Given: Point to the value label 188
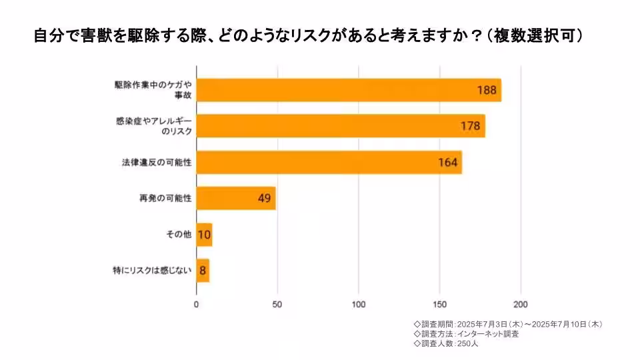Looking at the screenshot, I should tap(487, 90).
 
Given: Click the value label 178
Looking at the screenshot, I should tap(471, 126).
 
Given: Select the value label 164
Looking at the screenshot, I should tap(448, 162).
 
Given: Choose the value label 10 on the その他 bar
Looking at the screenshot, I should tap(204, 235).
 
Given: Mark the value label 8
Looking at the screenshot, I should tap(203, 271).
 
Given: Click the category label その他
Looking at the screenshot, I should tap(178, 235).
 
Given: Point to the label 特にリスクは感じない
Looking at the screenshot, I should tap(153, 271).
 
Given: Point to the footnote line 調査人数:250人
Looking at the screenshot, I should tap(446, 344).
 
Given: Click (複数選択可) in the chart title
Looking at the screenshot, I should tap(535, 35).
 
